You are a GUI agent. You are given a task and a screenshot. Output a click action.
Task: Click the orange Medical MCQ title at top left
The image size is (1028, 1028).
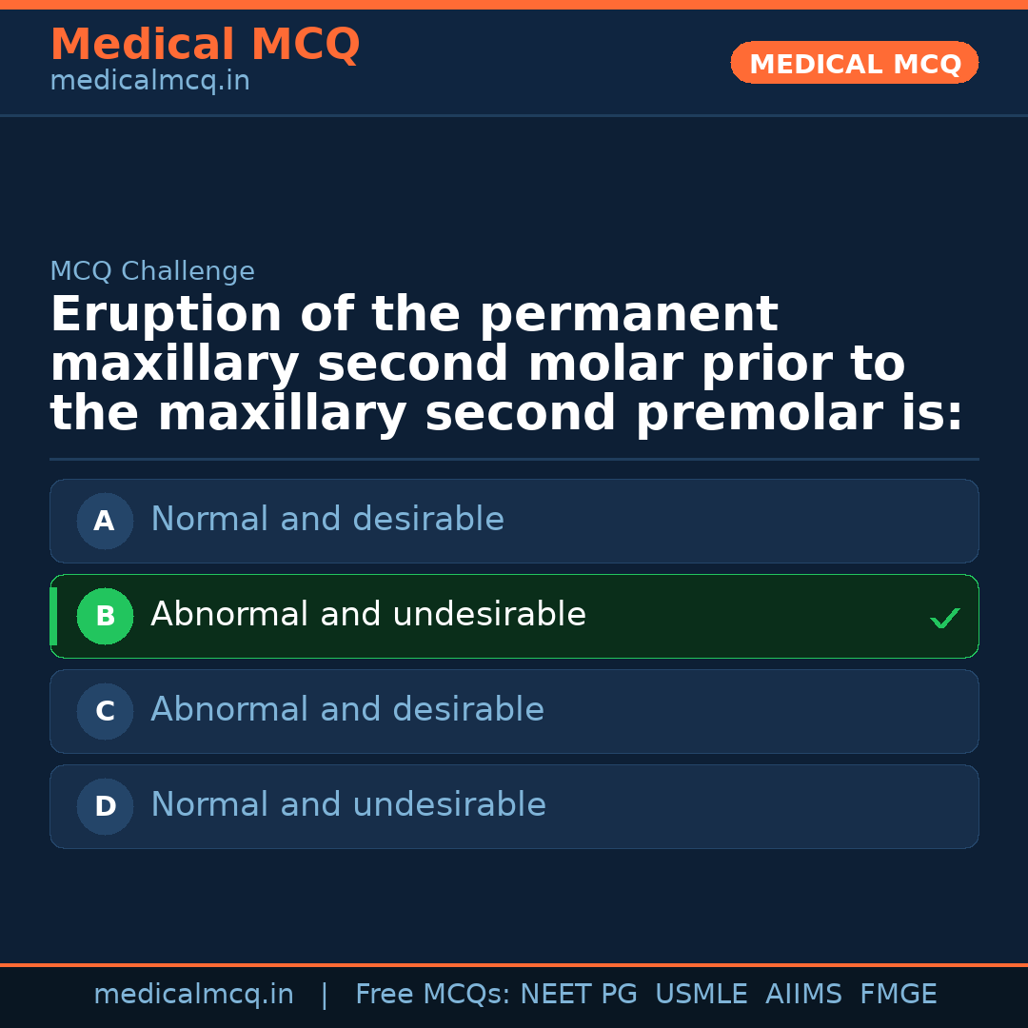(x=205, y=45)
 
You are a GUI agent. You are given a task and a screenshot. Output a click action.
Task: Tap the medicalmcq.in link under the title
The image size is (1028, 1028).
(x=149, y=81)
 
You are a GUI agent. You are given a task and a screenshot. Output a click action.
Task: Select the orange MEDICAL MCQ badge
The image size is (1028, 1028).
(x=855, y=63)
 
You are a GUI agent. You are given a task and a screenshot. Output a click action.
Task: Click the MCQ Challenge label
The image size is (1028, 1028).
(x=152, y=271)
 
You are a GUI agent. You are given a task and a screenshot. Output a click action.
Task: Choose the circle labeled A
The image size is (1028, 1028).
(x=105, y=521)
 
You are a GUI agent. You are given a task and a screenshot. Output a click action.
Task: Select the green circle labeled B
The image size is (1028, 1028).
(x=105, y=616)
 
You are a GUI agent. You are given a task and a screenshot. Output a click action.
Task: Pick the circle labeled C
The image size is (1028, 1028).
(x=105, y=711)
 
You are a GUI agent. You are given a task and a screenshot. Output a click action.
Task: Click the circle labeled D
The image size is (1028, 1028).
(x=105, y=806)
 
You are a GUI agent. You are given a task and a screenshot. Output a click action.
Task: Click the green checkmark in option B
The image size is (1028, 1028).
(x=944, y=619)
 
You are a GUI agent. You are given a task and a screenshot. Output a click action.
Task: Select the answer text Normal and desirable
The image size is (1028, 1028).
(x=327, y=520)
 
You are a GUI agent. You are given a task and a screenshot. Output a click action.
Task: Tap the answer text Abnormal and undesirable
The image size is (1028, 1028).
(x=368, y=615)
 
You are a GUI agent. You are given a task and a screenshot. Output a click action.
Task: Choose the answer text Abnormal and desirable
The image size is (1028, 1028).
(x=347, y=710)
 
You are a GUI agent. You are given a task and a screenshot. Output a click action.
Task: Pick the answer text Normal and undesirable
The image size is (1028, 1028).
(x=348, y=805)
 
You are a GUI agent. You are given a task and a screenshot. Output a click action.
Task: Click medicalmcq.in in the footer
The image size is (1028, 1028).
(x=193, y=995)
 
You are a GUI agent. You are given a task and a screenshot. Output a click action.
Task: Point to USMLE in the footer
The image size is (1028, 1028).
(x=701, y=995)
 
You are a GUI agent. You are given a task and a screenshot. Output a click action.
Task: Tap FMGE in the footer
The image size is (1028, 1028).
(x=898, y=995)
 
